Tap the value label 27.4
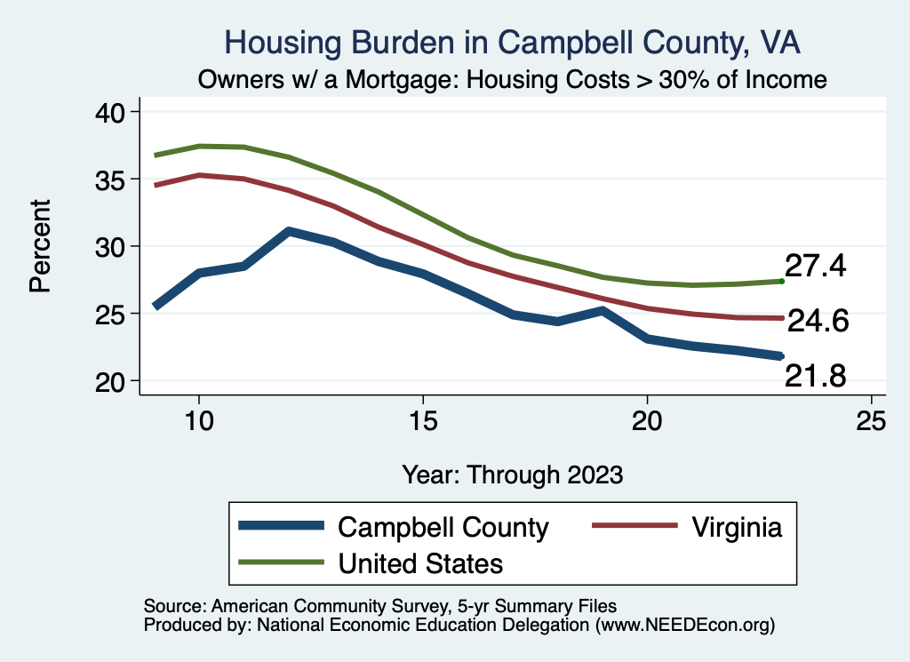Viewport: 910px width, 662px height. click(816, 266)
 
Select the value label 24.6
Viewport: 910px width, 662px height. click(818, 321)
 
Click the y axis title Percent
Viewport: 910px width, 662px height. click(40, 246)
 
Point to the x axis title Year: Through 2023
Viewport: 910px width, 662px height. click(512, 474)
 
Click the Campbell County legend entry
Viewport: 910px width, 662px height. click(443, 527)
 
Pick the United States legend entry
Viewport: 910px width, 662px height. click(420, 562)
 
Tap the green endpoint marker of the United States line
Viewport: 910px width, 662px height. click(781, 281)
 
